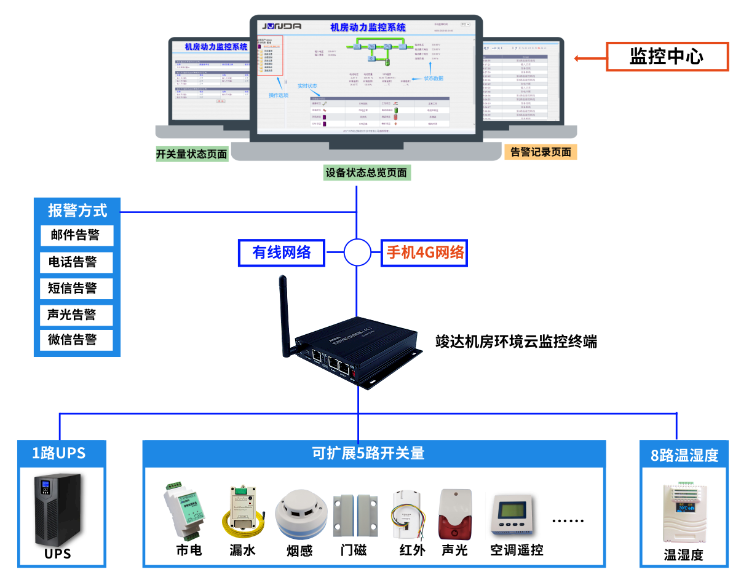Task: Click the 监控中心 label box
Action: (x=667, y=57)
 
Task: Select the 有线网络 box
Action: (x=282, y=252)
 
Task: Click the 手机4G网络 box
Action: (x=424, y=252)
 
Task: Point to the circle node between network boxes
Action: (x=357, y=251)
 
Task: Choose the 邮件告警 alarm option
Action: (x=77, y=235)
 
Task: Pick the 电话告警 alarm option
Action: (x=77, y=262)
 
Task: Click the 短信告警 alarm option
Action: (x=77, y=288)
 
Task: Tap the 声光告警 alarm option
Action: (x=77, y=315)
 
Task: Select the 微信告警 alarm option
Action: (x=77, y=340)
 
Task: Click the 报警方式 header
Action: (x=77, y=211)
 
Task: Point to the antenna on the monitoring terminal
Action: (x=285, y=313)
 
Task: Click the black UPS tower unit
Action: (x=58, y=510)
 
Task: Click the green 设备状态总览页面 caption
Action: (x=367, y=173)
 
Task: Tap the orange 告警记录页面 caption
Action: (x=541, y=152)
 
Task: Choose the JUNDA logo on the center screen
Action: (x=282, y=26)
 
